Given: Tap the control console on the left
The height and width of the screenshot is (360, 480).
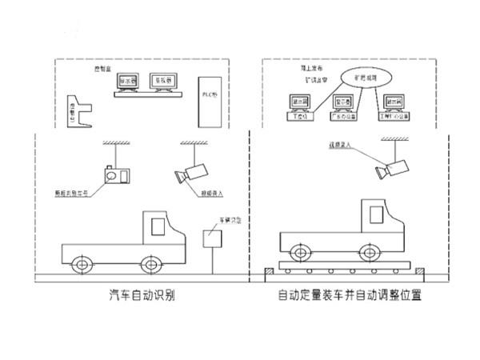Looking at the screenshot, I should coord(78,114).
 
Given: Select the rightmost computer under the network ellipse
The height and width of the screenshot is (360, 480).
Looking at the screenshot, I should coord(392,105).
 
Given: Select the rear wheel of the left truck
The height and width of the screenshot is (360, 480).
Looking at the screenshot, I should coord(82,263).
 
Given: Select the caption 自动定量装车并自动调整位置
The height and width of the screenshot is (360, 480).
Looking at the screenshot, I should coord(350,294).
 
